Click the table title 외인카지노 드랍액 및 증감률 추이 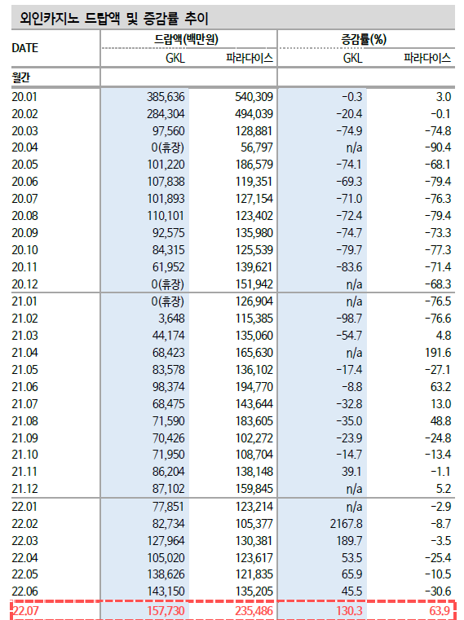click(x=114, y=18)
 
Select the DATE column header click(x=25, y=48)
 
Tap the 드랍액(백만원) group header click(x=186, y=39)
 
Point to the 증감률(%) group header click(x=364, y=39)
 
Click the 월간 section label click(x=21, y=77)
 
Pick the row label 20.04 click(x=25, y=147)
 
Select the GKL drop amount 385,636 click(x=166, y=97)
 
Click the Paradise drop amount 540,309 click(x=254, y=97)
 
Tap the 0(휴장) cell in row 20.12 click(x=168, y=284)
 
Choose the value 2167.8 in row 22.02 click(x=347, y=524)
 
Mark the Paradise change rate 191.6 click(x=438, y=353)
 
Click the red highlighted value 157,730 click(x=166, y=611)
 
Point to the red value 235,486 click(x=254, y=611)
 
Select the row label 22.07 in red click(x=26, y=611)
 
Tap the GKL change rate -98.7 click(x=349, y=319)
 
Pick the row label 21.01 click(x=24, y=301)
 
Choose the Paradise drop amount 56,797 click(x=257, y=147)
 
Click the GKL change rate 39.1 click(x=351, y=472)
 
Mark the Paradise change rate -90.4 click(x=438, y=147)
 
